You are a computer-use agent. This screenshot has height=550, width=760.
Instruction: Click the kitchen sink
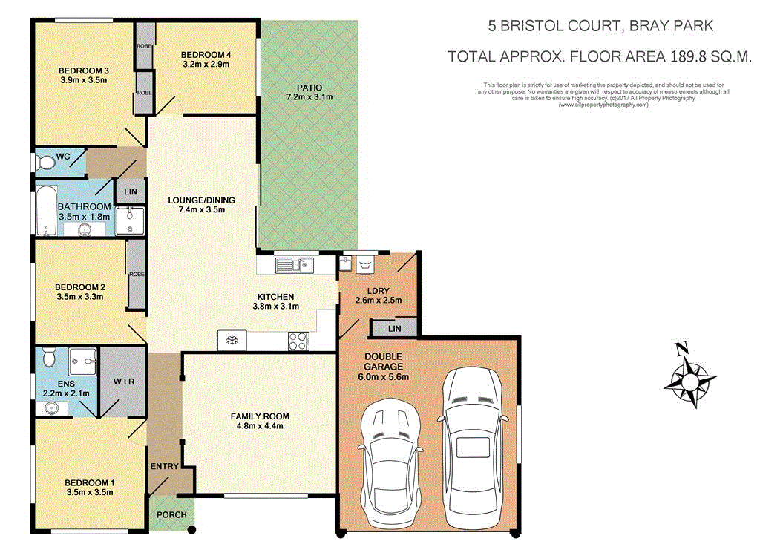tap(295, 264)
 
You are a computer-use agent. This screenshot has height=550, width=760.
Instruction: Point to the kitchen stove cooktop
tap(298, 341)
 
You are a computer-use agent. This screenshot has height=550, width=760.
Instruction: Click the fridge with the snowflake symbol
tap(232, 341)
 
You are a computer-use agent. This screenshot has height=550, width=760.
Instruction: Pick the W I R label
tap(123, 382)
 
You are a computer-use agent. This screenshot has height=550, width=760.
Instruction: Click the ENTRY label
tap(164, 466)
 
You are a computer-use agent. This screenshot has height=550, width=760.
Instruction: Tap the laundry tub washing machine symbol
tap(365, 265)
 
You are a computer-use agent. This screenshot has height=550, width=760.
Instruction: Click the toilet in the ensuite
tap(49, 359)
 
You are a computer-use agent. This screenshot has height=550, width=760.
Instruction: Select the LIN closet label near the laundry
tap(393, 327)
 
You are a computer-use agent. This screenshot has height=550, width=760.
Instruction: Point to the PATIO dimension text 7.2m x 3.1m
tap(309, 96)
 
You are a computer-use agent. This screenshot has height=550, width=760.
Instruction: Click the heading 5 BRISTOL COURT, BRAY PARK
tap(600, 27)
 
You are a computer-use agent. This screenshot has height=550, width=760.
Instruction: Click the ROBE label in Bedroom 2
tap(137, 274)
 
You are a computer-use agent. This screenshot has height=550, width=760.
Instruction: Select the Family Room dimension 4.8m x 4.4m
tap(259, 426)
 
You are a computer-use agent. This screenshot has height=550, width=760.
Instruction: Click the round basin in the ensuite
tap(52, 407)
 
